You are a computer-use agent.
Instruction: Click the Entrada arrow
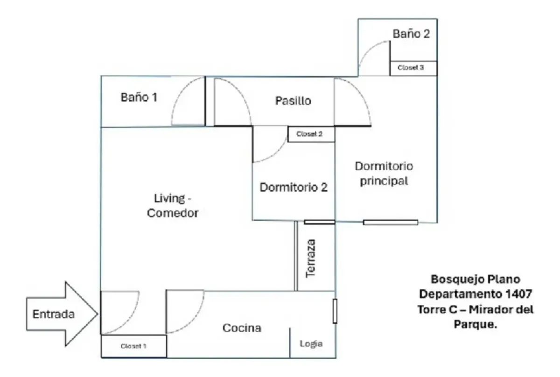point(62,314)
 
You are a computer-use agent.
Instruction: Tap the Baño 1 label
point(139,97)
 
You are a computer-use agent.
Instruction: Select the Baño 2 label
point(411,34)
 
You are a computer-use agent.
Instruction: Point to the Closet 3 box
point(413,68)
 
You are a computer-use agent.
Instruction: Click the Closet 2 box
point(311,134)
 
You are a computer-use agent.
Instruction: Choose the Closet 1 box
point(134,346)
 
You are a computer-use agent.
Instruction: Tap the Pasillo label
point(293,101)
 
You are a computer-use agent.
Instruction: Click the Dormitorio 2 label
point(294,187)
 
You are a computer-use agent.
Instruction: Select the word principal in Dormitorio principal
point(384,181)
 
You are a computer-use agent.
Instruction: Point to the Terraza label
point(311,258)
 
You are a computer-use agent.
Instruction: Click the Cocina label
point(242,328)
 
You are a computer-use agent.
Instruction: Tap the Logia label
point(311,344)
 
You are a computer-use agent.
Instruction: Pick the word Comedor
point(173,213)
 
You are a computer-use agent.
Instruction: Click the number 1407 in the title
point(518,294)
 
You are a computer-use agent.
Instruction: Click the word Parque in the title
point(475,324)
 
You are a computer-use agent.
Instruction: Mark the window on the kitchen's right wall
point(335,311)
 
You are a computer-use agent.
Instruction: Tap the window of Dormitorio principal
point(391,222)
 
